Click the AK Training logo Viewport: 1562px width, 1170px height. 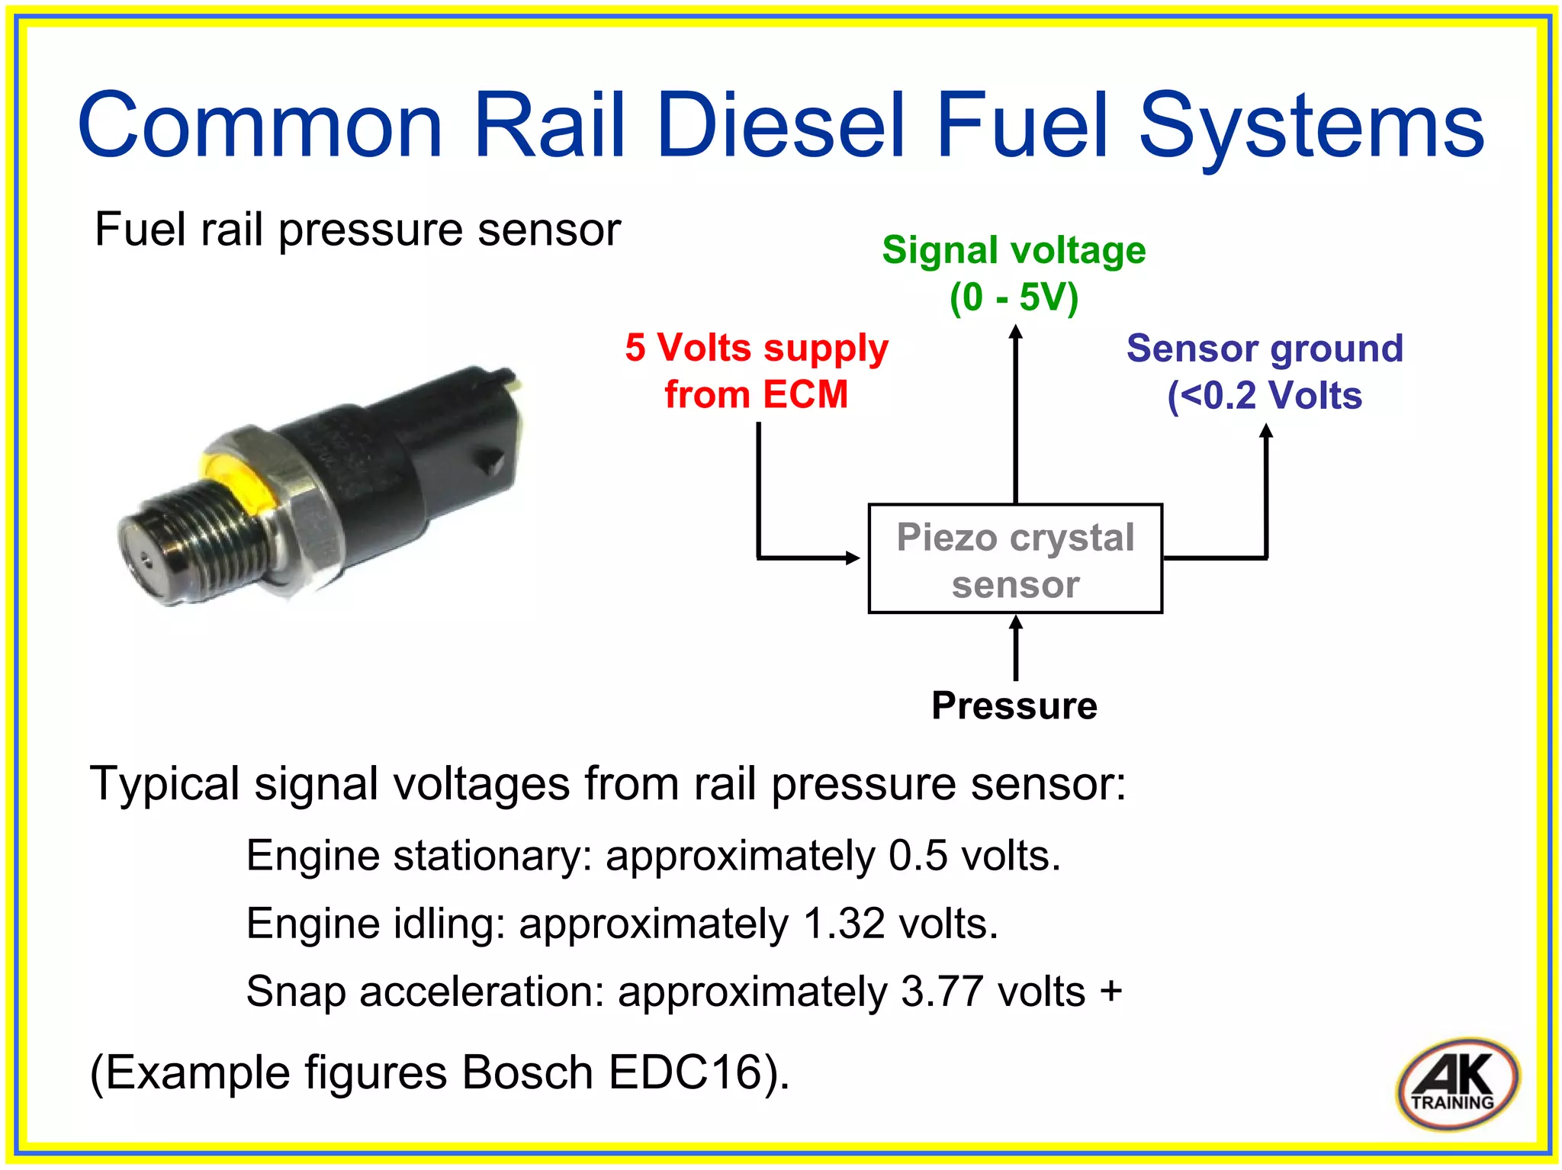(x=1457, y=1083)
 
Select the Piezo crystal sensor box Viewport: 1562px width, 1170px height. (x=1015, y=559)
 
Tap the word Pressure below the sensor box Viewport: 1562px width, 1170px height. (x=1014, y=706)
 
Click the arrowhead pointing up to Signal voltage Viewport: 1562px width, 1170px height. (x=1015, y=333)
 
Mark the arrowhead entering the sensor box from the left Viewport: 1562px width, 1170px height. (x=853, y=558)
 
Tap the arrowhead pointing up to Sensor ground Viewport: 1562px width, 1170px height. (x=1266, y=431)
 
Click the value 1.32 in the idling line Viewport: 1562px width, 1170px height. (x=844, y=924)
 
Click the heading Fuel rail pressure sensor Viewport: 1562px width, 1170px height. (x=357, y=229)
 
